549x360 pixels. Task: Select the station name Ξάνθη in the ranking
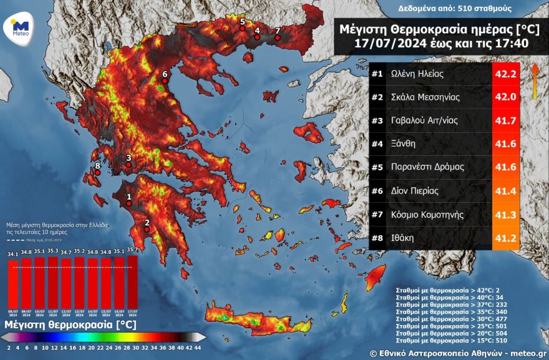tap(402, 144)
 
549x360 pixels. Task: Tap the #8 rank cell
tap(377, 238)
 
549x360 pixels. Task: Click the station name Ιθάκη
tap(402, 238)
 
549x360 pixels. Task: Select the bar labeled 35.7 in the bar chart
tap(132, 282)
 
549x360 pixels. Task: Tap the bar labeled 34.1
tap(12, 283)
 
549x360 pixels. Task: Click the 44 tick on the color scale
tap(198, 348)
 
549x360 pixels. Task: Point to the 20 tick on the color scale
tap(91, 348)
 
